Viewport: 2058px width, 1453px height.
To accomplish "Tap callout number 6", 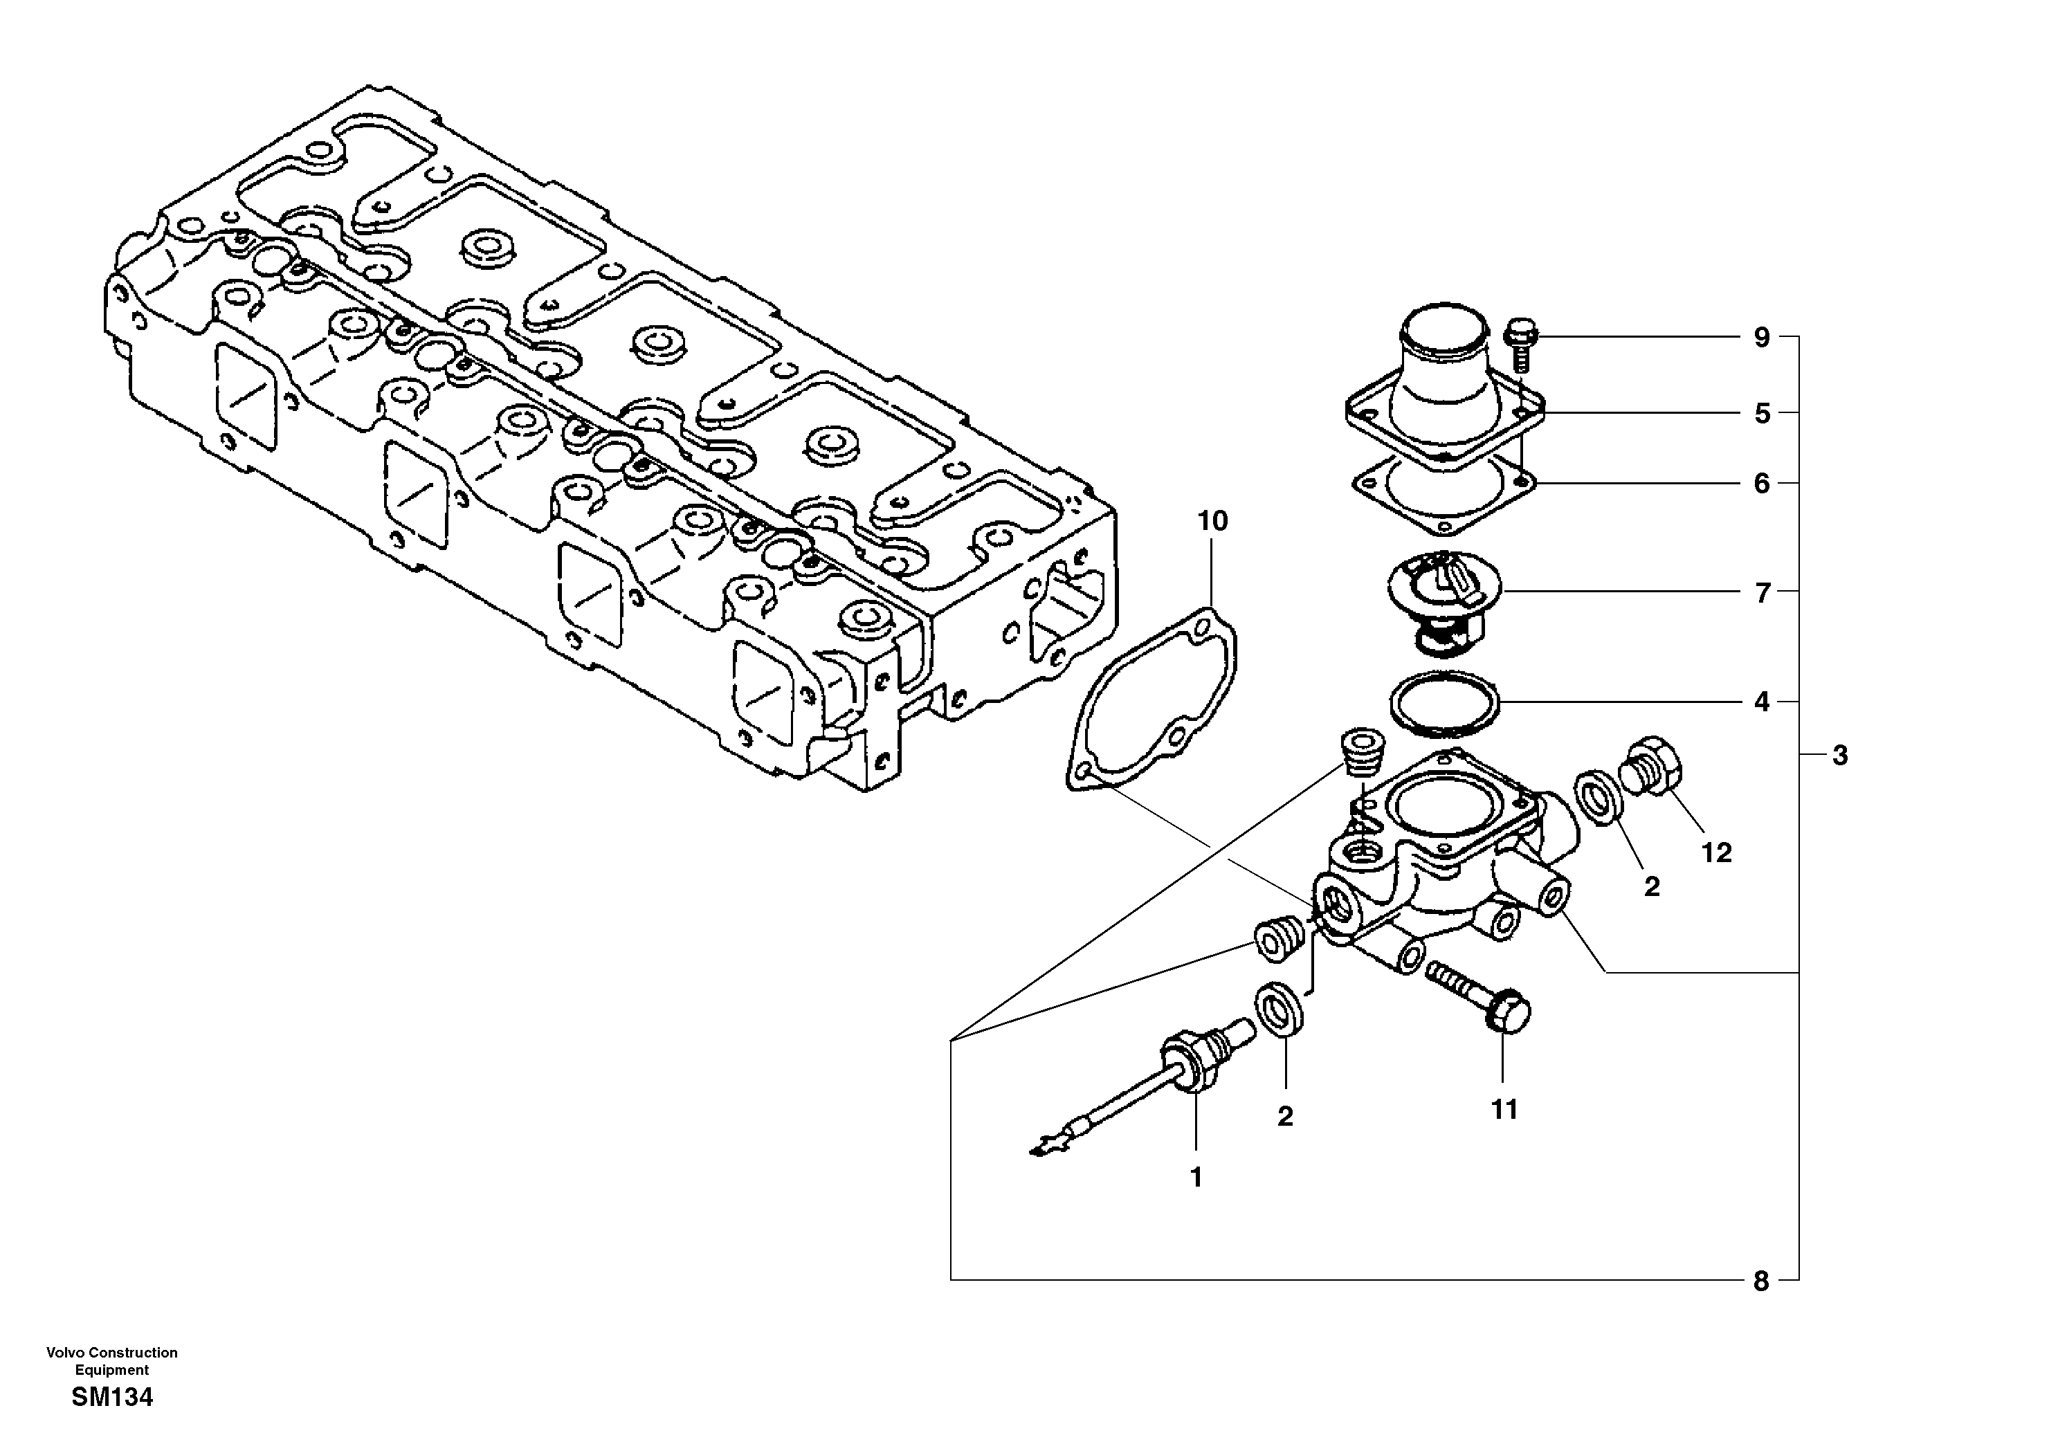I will pos(1761,484).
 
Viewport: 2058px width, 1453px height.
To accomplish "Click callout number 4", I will pos(1761,702).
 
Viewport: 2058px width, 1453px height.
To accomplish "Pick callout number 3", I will pos(1839,756).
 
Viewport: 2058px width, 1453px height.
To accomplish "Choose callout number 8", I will pos(1760,1282).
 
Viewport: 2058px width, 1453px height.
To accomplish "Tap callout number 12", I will pos(1716,852).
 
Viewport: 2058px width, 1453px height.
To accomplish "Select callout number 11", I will pos(1504,1110).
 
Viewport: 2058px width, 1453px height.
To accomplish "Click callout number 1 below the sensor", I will pos(1196,1177).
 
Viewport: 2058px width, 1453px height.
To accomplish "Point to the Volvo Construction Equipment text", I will pos(112,1361).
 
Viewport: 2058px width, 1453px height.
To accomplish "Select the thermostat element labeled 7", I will pos(1442,598).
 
